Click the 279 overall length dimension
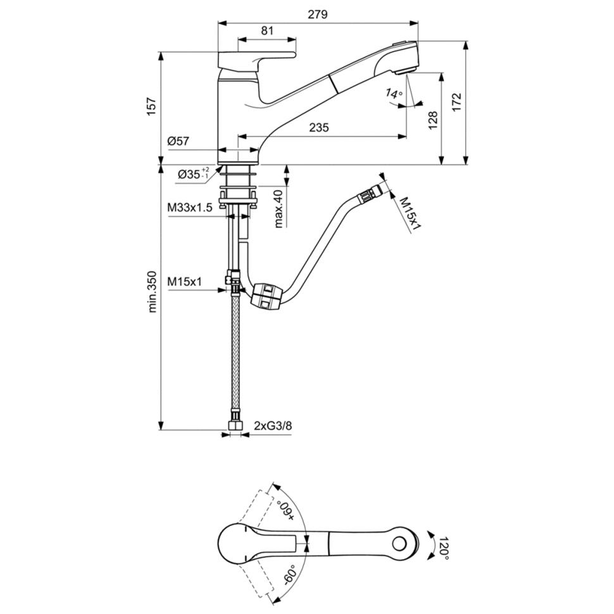(318, 14)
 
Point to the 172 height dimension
(458, 103)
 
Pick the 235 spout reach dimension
(319, 128)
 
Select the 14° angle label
(394, 95)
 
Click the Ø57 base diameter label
(179, 142)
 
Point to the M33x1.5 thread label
(190, 207)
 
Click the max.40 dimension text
(279, 208)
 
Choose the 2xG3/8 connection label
(273, 425)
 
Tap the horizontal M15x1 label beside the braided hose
(184, 282)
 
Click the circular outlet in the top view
(399, 544)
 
